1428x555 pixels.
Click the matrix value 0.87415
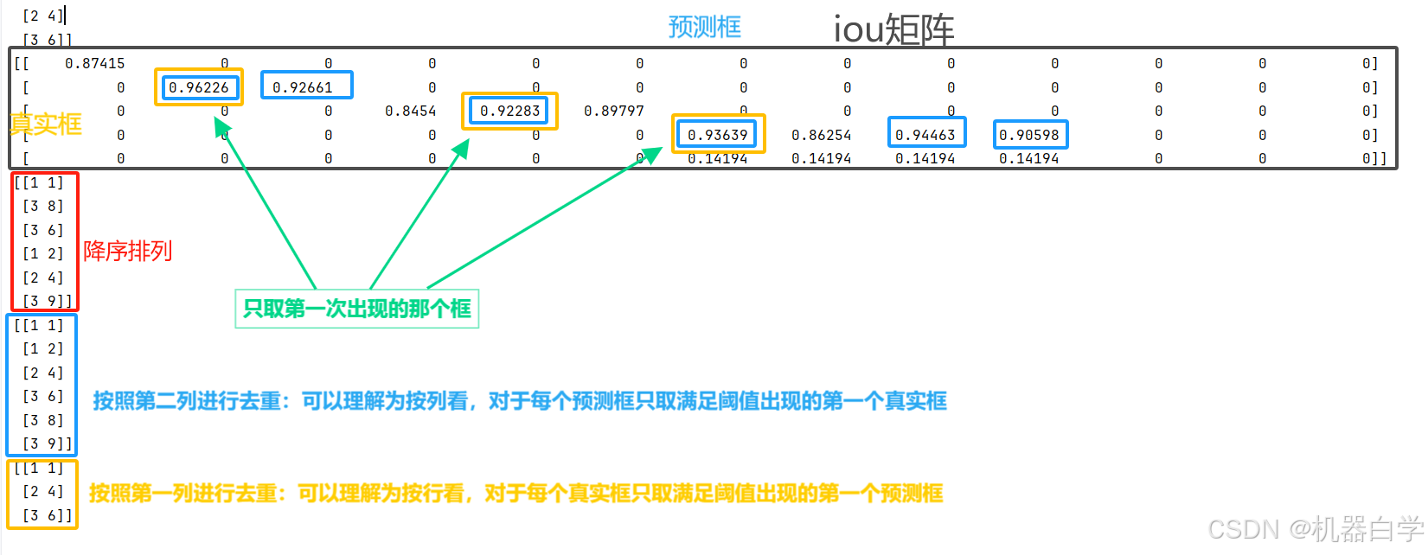tap(95, 63)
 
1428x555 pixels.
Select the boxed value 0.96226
tap(199, 87)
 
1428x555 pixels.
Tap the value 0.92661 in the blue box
tap(303, 87)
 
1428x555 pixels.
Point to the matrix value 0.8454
tap(411, 111)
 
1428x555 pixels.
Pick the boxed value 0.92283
tap(510, 111)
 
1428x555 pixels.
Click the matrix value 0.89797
tap(614, 111)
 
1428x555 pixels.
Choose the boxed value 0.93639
tap(718, 135)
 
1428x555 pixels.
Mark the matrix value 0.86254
tap(822, 135)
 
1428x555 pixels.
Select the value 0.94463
tap(925, 135)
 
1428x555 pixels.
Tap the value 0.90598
tap(1029, 135)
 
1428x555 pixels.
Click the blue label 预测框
tap(705, 27)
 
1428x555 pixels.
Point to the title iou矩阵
tap(893, 30)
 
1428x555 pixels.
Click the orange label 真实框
tap(46, 124)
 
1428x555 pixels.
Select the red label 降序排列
tap(128, 251)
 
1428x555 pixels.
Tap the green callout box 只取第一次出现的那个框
tap(357, 309)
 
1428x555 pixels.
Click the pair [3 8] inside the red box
tap(43, 206)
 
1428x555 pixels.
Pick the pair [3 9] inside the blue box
tap(43, 443)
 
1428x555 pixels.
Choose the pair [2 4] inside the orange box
tap(43, 491)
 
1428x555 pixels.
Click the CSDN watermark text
tap(1315, 528)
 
